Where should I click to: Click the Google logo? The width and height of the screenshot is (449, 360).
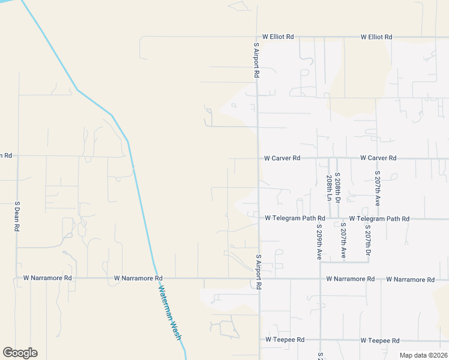tap(20, 353)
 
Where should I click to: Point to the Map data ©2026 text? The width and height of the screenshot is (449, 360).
tap(423, 355)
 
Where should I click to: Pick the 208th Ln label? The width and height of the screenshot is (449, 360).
tap(330, 188)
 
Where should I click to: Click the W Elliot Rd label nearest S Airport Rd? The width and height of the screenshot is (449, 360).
tap(278, 37)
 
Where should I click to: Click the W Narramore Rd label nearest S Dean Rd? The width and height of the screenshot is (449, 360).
tap(47, 278)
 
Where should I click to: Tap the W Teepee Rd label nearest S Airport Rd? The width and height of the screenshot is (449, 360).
tap(285, 340)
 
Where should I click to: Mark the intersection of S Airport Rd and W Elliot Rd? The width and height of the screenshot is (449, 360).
tap(256, 37)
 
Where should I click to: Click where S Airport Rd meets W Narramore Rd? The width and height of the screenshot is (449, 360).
tap(259, 278)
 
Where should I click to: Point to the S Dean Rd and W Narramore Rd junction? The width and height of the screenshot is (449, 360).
tap(17, 278)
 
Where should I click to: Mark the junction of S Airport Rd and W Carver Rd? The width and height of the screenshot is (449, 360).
tap(258, 158)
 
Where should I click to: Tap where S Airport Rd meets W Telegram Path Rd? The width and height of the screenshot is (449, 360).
tap(259, 218)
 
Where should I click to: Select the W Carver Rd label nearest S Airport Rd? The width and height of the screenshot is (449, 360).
tap(282, 158)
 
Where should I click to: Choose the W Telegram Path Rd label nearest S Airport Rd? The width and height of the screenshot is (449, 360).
tap(295, 218)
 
